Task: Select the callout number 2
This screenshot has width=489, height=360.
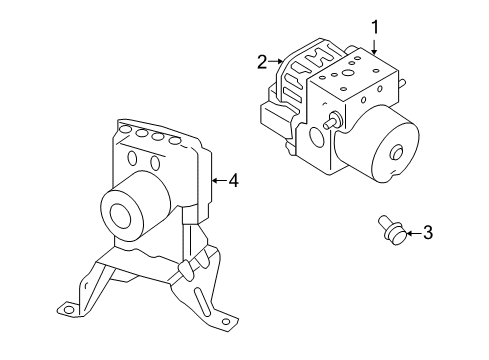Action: [x=262, y=62]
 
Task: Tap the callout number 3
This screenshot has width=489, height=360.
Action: [x=428, y=233]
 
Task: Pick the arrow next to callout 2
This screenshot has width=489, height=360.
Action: [x=276, y=62]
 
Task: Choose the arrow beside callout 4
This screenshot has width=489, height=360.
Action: [x=217, y=180]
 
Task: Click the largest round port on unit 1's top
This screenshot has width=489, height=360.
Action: [x=347, y=72]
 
